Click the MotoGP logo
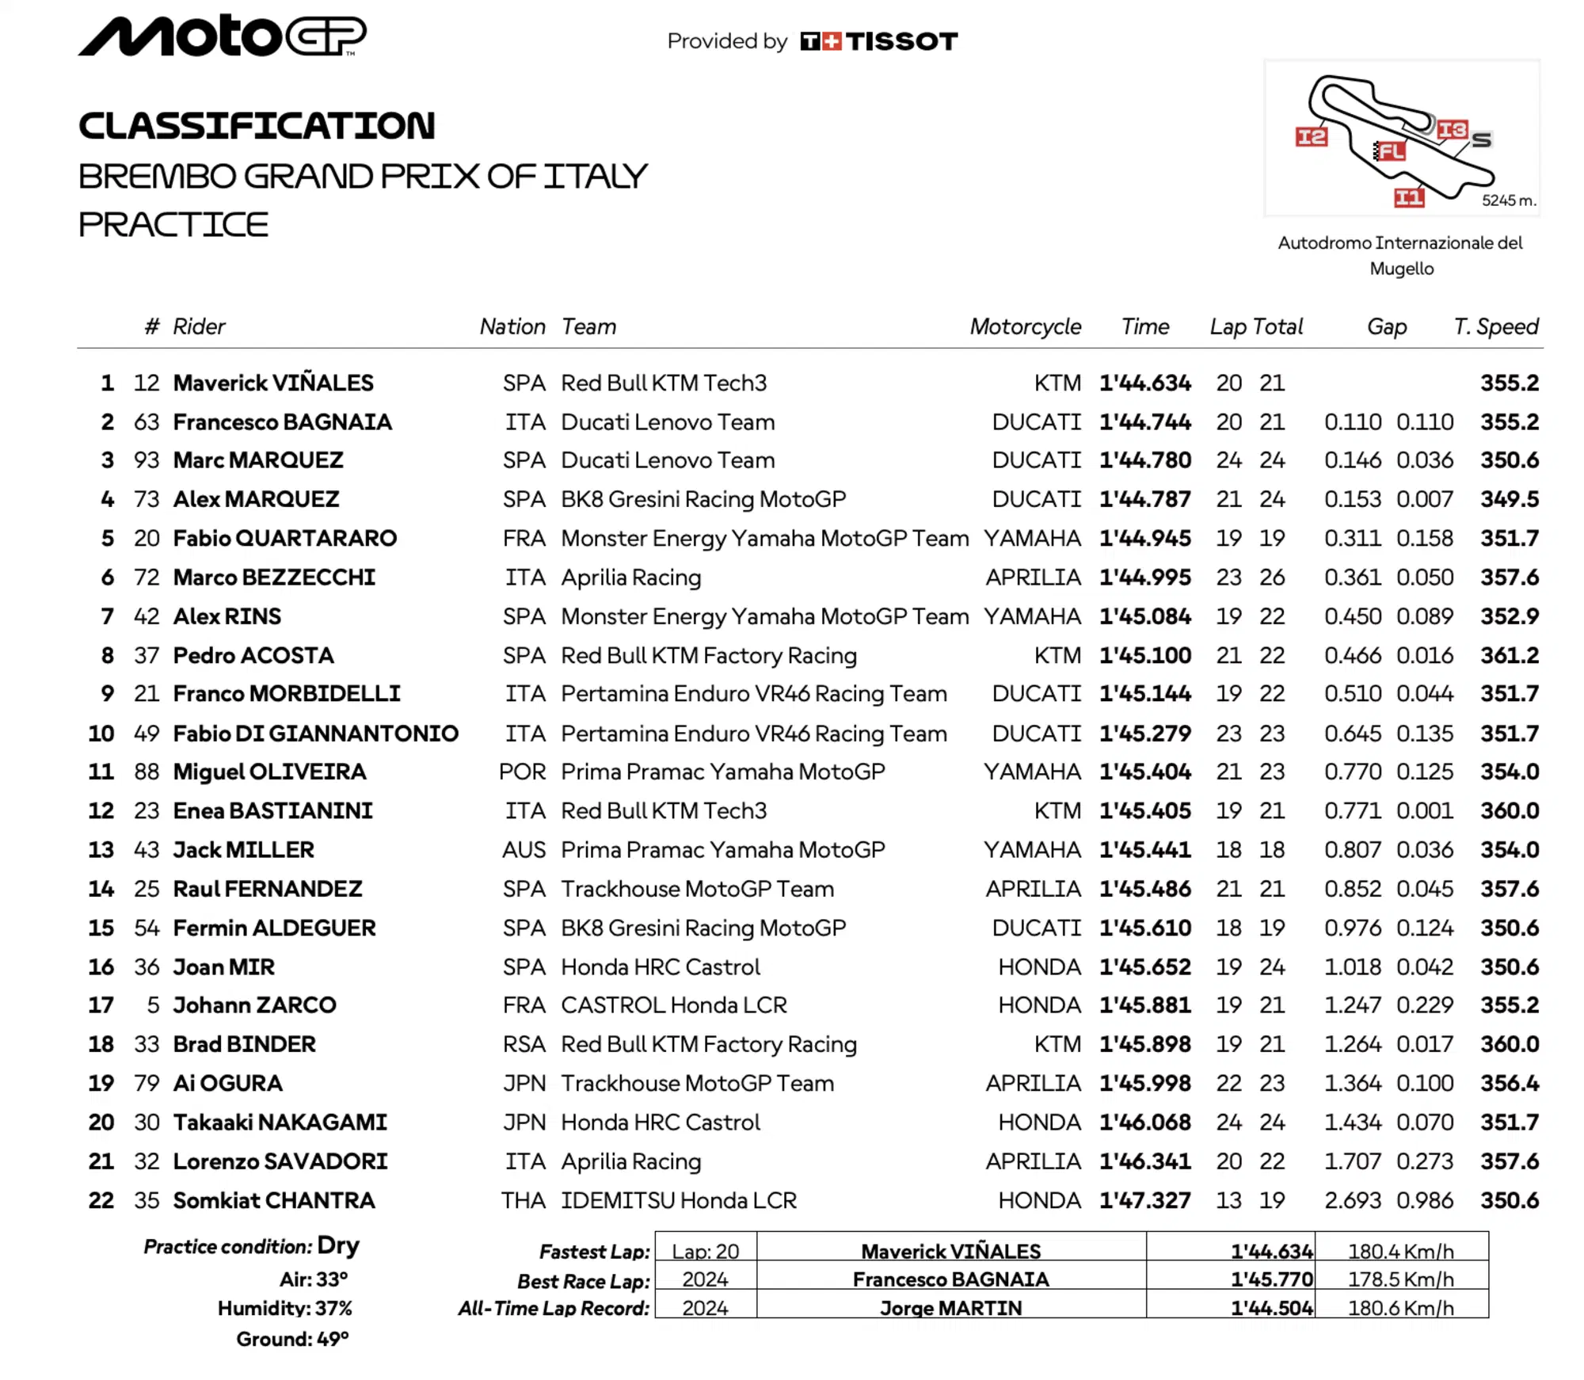point(222,36)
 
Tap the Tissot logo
point(879,41)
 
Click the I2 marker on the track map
point(1311,137)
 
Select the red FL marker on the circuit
point(1392,151)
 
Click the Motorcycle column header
point(1025,326)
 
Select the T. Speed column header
point(1495,326)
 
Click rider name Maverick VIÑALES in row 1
point(273,383)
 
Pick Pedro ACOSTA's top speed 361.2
point(1510,656)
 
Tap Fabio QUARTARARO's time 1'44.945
point(1144,539)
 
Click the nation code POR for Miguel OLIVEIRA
point(522,772)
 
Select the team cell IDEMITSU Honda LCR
point(679,1201)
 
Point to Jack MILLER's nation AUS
point(524,850)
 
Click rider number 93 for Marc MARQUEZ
point(147,460)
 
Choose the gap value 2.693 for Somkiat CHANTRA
point(1353,1201)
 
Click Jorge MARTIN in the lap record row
point(950,1308)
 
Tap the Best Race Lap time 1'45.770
point(1271,1279)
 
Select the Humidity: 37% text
point(285,1308)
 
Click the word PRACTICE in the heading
point(173,225)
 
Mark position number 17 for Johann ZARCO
point(101,1005)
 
